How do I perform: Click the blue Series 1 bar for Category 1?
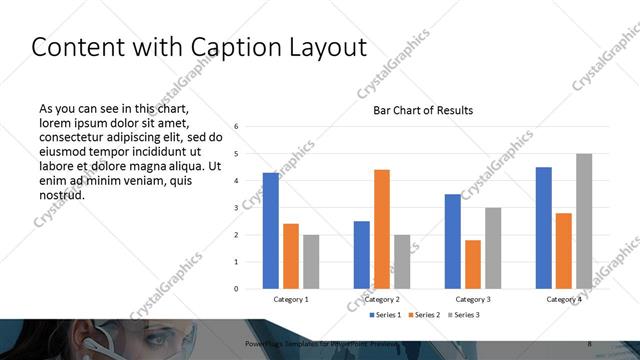[x=270, y=230]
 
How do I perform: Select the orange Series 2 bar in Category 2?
[x=381, y=229]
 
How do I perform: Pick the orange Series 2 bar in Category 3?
[x=473, y=264]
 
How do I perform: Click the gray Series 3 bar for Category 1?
[x=311, y=261]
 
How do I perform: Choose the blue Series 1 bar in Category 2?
[x=361, y=254]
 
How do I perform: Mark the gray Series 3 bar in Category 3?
[x=493, y=248]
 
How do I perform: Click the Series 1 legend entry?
[x=385, y=315]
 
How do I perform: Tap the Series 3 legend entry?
[x=465, y=315]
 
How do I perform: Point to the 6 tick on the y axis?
[x=236, y=127]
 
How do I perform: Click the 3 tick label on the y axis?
[x=236, y=208]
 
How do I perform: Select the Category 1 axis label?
[x=291, y=299]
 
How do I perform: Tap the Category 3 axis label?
[x=473, y=299]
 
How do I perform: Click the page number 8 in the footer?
[x=590, y=344]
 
